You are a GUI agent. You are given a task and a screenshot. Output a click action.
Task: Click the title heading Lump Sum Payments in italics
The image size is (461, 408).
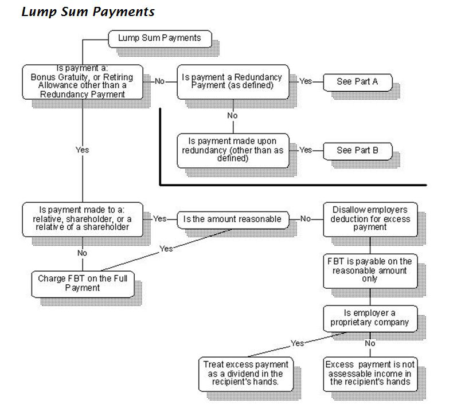88,11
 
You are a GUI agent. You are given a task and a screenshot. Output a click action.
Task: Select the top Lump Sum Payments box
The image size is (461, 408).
159,38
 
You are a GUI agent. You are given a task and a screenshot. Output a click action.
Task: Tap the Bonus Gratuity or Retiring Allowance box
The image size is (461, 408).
83,81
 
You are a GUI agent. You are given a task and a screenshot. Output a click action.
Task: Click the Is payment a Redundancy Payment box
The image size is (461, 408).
232,81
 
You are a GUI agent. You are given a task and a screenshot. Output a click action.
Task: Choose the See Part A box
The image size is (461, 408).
357,81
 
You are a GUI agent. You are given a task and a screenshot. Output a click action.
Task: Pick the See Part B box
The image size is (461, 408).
357,151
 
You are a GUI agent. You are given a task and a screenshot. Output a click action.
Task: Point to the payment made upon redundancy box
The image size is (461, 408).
232,151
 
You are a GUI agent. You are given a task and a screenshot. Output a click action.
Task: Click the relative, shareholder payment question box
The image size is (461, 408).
83,219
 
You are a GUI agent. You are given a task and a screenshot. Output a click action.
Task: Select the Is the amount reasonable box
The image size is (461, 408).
232,219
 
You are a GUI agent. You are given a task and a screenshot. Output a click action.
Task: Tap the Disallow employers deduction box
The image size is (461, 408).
369,219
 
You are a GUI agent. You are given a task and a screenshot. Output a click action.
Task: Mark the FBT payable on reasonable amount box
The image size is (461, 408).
369,270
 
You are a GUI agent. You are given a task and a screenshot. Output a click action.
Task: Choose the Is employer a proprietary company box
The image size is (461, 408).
369,317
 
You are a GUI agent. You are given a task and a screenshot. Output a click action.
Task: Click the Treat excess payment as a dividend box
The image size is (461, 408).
245,373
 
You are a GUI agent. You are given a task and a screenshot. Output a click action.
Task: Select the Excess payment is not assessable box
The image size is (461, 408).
369,373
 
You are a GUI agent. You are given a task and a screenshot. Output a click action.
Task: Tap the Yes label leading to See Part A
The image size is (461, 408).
306,81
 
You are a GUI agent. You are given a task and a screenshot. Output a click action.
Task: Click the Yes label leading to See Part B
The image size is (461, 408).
306,150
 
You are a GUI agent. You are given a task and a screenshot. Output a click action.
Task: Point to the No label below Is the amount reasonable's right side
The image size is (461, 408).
305,219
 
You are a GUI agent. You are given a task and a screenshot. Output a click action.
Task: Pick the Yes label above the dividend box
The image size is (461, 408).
297,343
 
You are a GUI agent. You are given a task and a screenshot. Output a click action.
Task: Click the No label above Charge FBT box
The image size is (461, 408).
82,253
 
